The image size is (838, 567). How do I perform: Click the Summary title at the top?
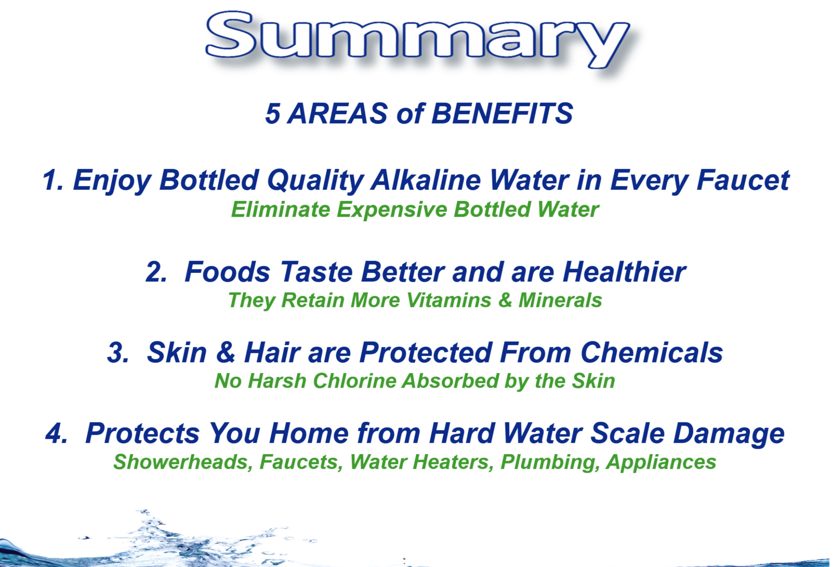click(417, 39)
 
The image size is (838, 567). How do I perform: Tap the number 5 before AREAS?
click(273, 114)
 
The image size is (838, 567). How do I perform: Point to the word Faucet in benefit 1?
click(744, 180)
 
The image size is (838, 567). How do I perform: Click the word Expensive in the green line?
click(392, 210)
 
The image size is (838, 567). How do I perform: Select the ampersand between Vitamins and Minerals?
click(505, 300)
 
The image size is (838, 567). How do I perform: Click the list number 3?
click(118, 352)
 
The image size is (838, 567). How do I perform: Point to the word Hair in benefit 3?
click(272, 352)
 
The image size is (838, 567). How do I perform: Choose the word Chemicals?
click(652, 352)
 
